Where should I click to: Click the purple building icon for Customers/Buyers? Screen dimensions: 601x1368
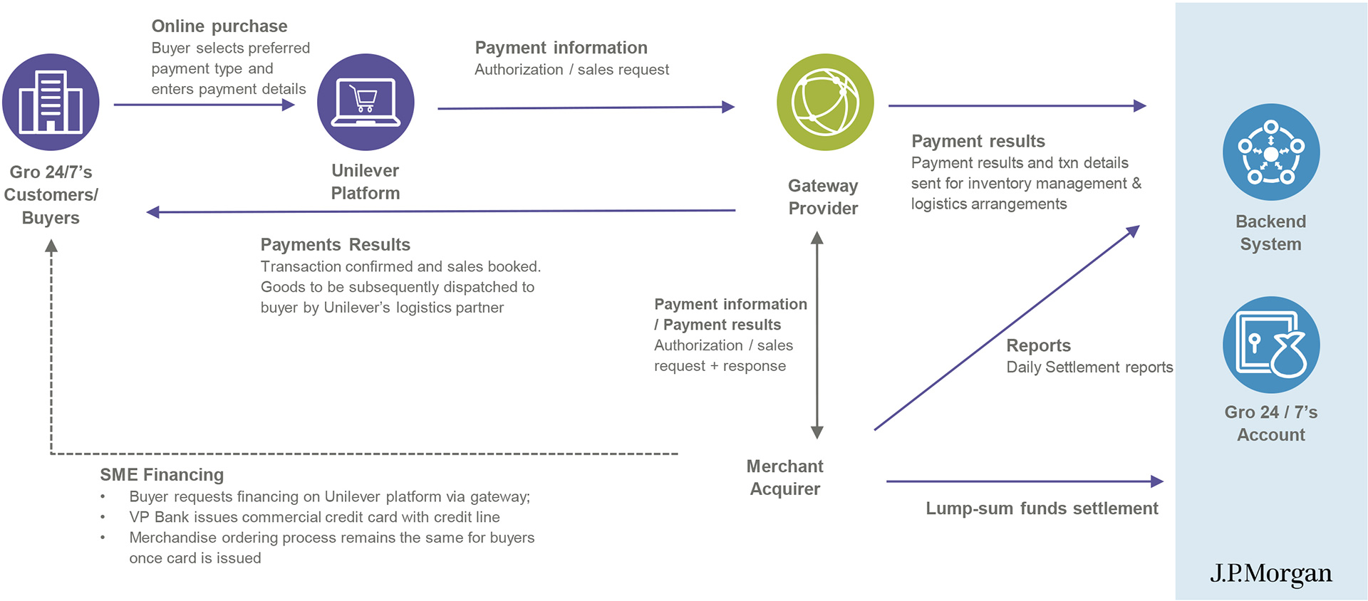click(x=51, y=102)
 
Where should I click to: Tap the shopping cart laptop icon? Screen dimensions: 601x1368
click(x=366, y=102)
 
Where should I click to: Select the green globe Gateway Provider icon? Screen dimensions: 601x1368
click(x=825, y=102)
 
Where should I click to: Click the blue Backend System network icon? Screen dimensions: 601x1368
click(x=1271, y=152)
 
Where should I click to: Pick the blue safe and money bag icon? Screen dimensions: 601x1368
click(x=1271, y=345)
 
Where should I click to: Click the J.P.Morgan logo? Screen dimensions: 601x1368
click(x=1270, y=573)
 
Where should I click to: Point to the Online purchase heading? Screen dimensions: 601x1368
click(x=219, y=26)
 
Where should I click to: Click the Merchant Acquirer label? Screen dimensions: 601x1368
click(x=784, y=477)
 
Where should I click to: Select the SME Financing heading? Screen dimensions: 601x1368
click(x=162, y=475)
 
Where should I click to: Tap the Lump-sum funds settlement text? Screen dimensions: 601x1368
click(x=1042, y=508)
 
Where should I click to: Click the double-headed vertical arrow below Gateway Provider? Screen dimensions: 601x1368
click(x=817, y=335)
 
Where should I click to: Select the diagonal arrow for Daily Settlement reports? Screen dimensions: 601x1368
click(x=1006, y=328)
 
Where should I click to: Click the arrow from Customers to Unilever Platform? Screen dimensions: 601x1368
click(x=204, y=105)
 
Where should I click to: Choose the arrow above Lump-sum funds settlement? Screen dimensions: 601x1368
click(x=1024, y=481)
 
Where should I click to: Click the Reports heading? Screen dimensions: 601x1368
click(x=1038, y=345)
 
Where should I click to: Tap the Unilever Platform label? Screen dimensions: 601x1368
click(x=366, y=182)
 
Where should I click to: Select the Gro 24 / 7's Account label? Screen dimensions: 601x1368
click(x=1271, y=423)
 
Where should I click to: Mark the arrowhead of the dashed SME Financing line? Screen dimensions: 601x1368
click(x=51, y=246)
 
